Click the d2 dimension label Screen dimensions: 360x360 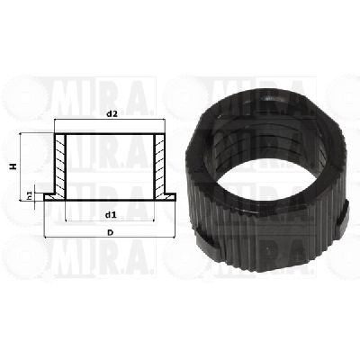(x=112, y=114)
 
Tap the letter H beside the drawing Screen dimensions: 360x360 (x=13, y=166)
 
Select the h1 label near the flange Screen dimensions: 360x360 (x=30, y=197)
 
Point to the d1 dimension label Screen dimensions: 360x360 (x=110, y=215)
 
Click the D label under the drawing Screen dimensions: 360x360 (x=111, y=232)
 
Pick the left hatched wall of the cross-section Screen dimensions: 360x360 (x=60, y=166)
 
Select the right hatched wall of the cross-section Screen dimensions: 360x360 (x=159, y=166)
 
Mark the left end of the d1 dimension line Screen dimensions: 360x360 (x=66, y=221)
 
